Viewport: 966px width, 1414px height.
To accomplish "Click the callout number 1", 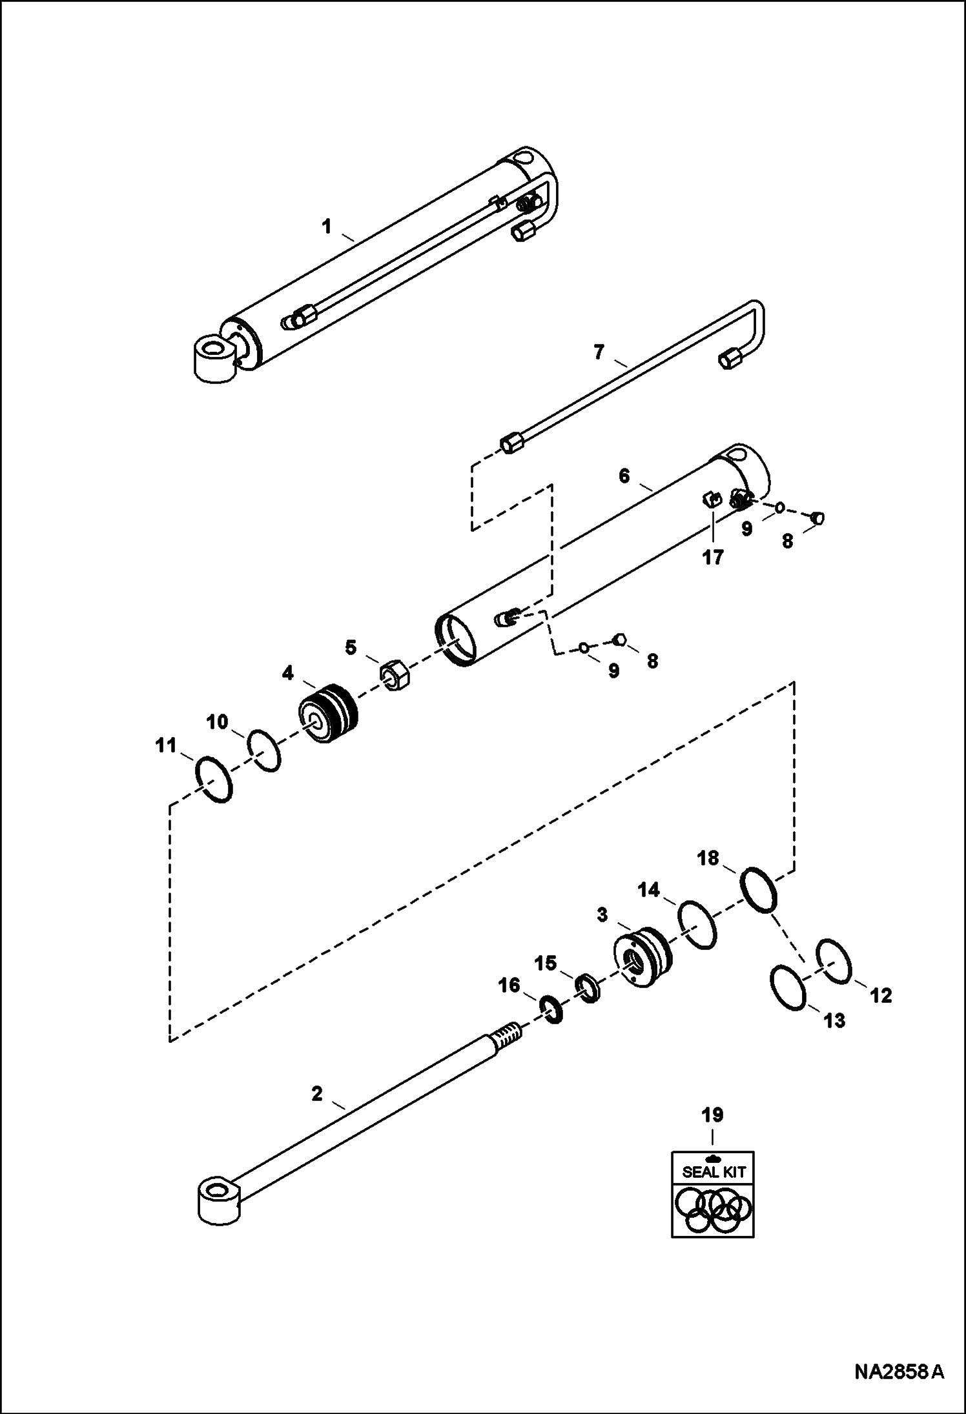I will click(327, 227).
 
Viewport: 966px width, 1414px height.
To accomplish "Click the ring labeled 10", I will click(264, 750).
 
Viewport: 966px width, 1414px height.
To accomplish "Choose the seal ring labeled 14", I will click(697, 925).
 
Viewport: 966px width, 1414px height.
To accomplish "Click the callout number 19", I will click(713, 1115).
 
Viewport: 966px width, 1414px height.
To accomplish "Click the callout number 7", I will click(599, 352).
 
